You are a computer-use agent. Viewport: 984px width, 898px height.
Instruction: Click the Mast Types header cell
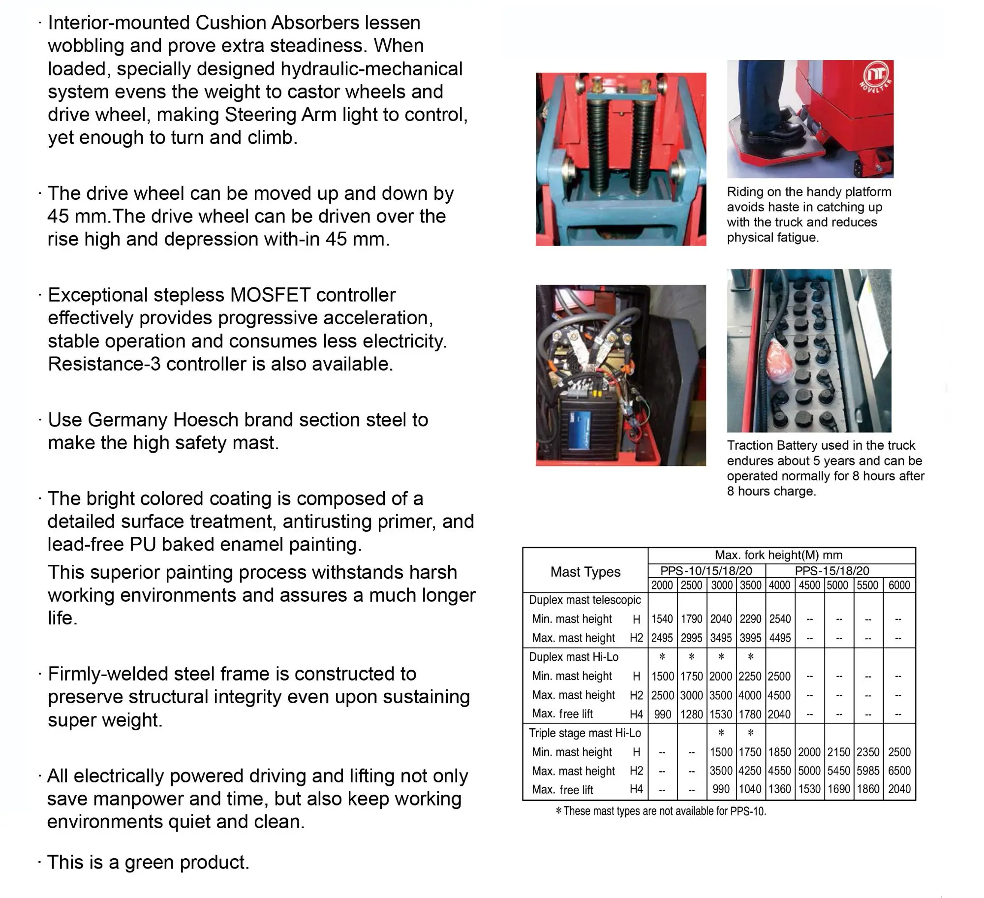click(x=585, y=572)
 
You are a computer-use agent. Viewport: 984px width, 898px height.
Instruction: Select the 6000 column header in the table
click(x=899, y=585)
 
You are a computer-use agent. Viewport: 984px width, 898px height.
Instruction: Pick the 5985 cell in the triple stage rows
click(x=868, y=771)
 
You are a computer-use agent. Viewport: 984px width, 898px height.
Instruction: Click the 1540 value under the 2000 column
click(x=662, y=619)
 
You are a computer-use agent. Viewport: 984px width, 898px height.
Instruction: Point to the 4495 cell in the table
click(x=780, y=638)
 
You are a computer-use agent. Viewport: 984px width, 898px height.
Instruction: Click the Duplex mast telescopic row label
click(x=584, y=600)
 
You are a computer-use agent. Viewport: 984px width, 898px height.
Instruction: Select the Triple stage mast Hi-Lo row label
click(x=584, y=733)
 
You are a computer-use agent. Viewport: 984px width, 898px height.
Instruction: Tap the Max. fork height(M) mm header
click(x=778, y=555)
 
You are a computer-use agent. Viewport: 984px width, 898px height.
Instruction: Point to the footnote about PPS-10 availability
click(x=661, y=811)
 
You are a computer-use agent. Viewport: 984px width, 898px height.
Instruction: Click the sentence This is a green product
click(x=148, y=862)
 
